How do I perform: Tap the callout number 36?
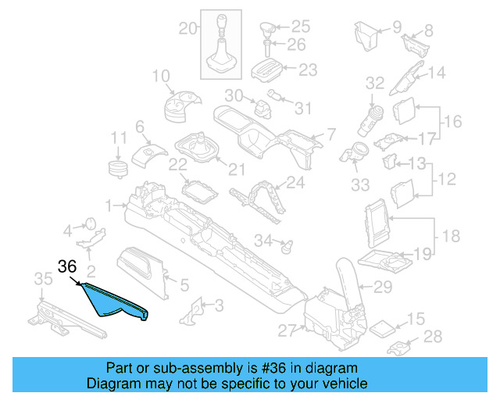[x=67, y=266]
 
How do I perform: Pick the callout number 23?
[x=308, y=70]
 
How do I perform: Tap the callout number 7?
[x=330, y=134]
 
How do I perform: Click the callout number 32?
[x=375, y=82]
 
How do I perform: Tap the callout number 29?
[x=383, y=287]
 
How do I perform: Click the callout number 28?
[x=432, y=337]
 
